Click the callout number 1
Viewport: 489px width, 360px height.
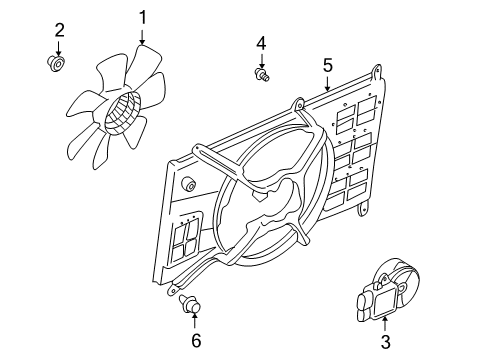(142, 16)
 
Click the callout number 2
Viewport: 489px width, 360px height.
(59, 29)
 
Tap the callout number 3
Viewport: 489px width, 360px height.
(385, 342)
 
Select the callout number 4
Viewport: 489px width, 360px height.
(261, 42)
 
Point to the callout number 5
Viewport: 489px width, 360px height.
(327, 66)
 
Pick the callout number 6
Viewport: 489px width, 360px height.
(196, 340)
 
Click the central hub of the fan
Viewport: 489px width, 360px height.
(123, 111)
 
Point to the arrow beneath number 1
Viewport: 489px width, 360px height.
(142, 36)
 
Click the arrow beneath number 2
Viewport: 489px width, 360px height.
(59, 48)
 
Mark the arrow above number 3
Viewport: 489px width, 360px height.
(385, 322)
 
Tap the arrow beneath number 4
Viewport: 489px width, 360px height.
(261, 59)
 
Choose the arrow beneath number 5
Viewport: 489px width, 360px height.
(327, 84)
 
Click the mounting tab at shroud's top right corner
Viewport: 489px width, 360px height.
(375, 72)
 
